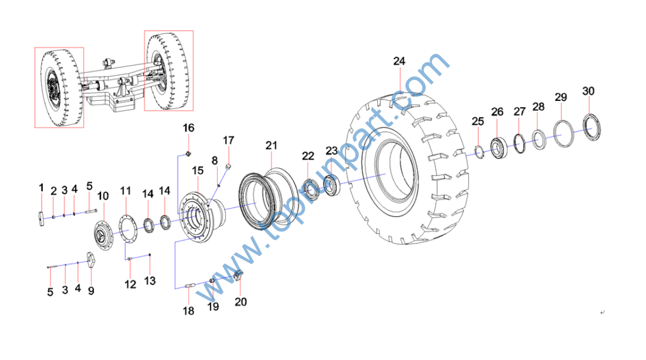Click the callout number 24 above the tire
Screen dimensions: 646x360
(399, 61)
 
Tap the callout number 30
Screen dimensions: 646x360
(589, 91)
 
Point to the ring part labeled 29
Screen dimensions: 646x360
(555, 132)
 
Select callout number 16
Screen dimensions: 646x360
(188, 128)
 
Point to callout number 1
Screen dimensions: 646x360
(41, 188)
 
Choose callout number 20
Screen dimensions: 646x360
(240, 302)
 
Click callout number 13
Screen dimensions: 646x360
(150, 281)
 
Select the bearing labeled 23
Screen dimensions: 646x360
(331, 186)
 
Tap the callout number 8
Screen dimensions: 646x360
(214, 161)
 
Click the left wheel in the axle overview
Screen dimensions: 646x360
(59, 88)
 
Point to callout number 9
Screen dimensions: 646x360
(91, 291)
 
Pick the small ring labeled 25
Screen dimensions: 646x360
(479, 151)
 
